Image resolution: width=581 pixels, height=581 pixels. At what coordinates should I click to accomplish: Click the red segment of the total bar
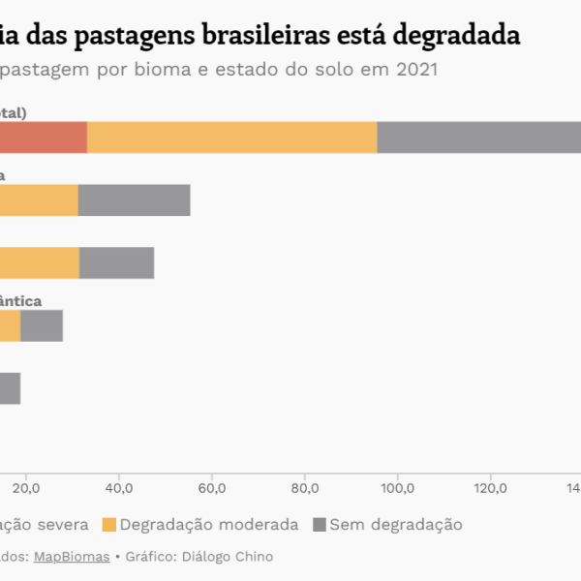[x=43, y=138]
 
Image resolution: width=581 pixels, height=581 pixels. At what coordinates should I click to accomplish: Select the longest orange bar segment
[x=231, y=138]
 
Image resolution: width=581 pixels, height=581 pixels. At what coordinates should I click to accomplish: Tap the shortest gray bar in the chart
[x=10, y=388]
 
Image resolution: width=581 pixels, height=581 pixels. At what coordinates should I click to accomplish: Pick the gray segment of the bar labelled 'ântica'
[x=42, y=325]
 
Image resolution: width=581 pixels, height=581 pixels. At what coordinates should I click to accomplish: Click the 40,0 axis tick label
[x=118, y=486]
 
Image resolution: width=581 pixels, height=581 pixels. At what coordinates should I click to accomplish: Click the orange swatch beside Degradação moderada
[x=108, y=525]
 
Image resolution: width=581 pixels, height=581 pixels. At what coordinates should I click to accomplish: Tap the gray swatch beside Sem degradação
[x=319, y=525]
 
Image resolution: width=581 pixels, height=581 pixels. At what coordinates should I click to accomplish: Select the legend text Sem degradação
[x=396, y=525]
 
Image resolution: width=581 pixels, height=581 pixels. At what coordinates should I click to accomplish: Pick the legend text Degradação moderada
[x=209, y=525]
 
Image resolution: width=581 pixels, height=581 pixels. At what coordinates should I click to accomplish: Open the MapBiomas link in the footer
[x=72, y=557]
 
